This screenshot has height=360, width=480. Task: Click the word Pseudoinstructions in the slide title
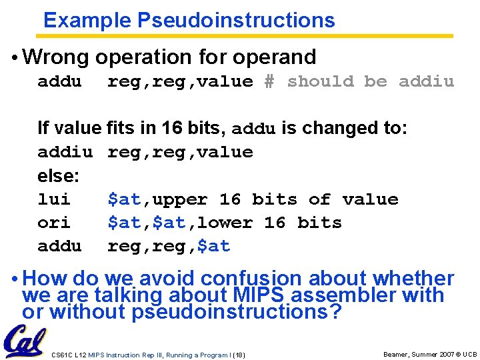pyautogui.click(x=236, y=21)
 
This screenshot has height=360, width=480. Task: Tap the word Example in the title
pyautogui.click(x=87, y=21)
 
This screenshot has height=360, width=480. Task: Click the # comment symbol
pyautogui.click(x=269, y=81)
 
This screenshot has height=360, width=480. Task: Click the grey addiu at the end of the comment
pyautogui.click(x=426, y=81)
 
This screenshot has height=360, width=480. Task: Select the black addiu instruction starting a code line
pyautogui.click(x=65, y=152)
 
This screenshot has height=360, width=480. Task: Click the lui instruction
pyautogui.click(x=54, y=199)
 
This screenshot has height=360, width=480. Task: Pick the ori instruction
pyautogui.click(x=54, y=223)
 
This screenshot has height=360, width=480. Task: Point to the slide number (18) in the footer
pyautogui.click(x=238, y=355)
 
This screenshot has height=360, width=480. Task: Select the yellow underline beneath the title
pyautogui.click(x=247, y=36)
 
